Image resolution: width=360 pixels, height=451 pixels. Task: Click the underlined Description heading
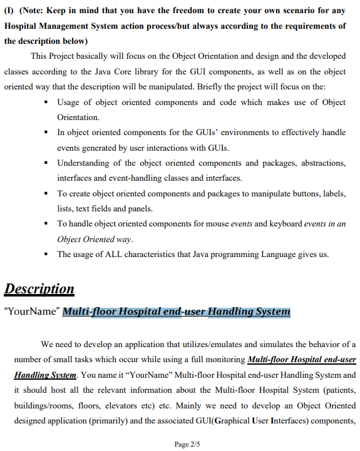click(39, 289)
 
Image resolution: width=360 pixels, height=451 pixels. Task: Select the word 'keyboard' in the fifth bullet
click(285, 224)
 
